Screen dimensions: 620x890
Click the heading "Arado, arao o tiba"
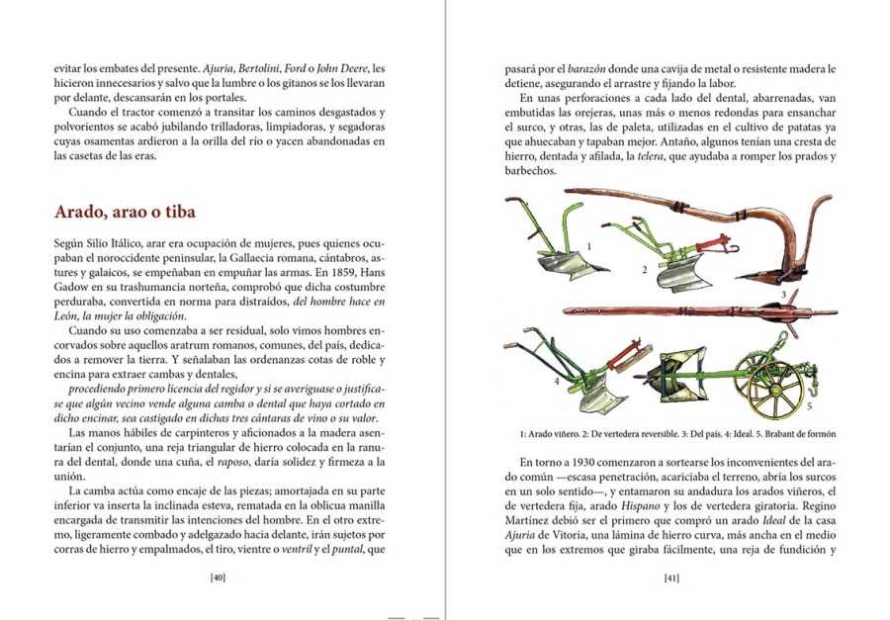125,212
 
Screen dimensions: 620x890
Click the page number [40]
219,577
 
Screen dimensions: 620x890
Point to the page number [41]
670,577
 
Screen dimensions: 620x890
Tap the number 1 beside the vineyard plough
590,243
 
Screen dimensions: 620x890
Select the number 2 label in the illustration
644,269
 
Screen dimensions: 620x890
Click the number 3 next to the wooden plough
782,294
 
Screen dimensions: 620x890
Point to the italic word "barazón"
584,68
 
